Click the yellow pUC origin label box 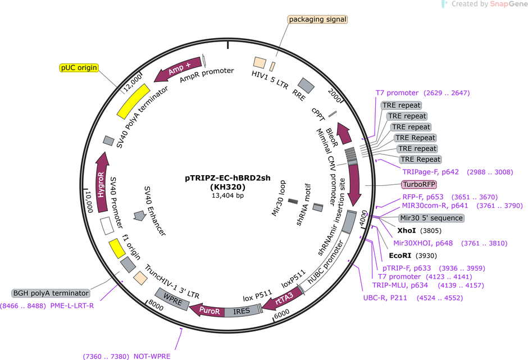(79, 68)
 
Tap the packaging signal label (317, 20)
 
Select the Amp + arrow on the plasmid (178, 69)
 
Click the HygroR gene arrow (102, 182)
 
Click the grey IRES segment (242, 311)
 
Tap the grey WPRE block (172, 299)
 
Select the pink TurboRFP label (419, 185)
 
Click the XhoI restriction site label (407, 231)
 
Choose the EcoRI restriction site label (400, 256)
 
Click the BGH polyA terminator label (51, 293)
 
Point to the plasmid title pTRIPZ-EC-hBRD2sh (227, 178)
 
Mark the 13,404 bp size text (227, 195)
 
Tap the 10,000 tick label (89, 202)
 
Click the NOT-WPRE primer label (152, 356)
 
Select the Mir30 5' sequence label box (431, 218)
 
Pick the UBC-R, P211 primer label (385, 298)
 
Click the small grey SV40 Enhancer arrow (139, 216)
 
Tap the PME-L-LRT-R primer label (72, 306)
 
